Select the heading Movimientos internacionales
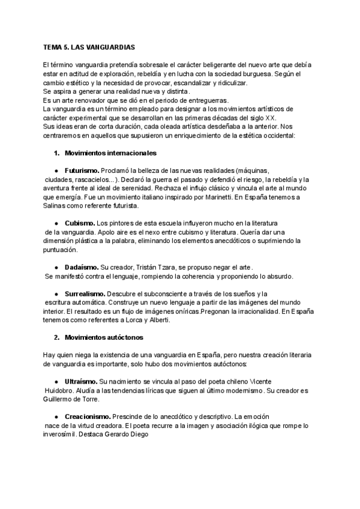[103, 153]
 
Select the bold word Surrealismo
[85, 294]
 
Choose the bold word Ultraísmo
[80, 381]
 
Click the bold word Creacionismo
[87, 416]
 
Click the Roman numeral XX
[271, 118]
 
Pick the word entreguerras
[214, 100]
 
